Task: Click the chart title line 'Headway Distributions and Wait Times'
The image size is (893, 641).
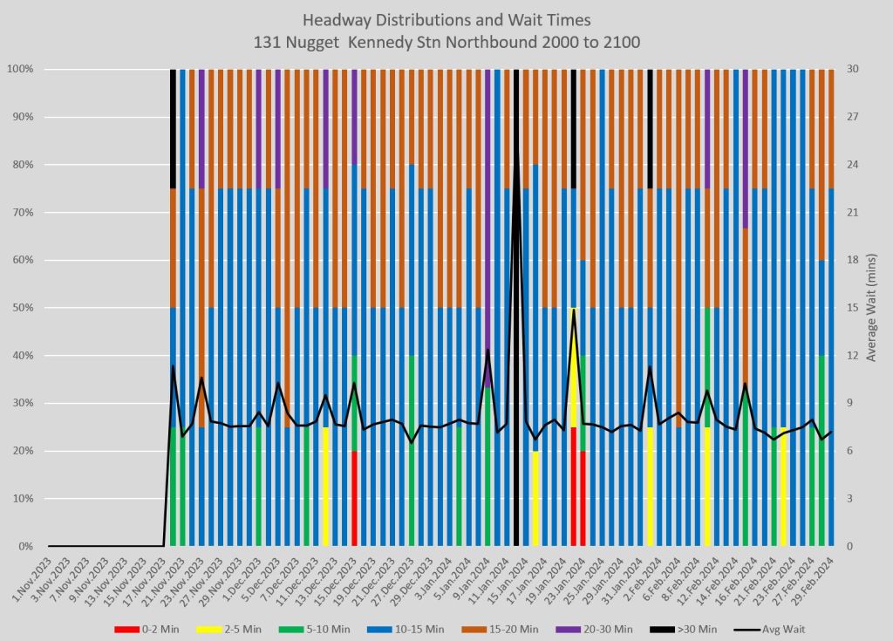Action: [446, 18]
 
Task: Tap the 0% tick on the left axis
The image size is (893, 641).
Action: [24, 547]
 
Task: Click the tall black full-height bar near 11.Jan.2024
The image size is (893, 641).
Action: [516, 305]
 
